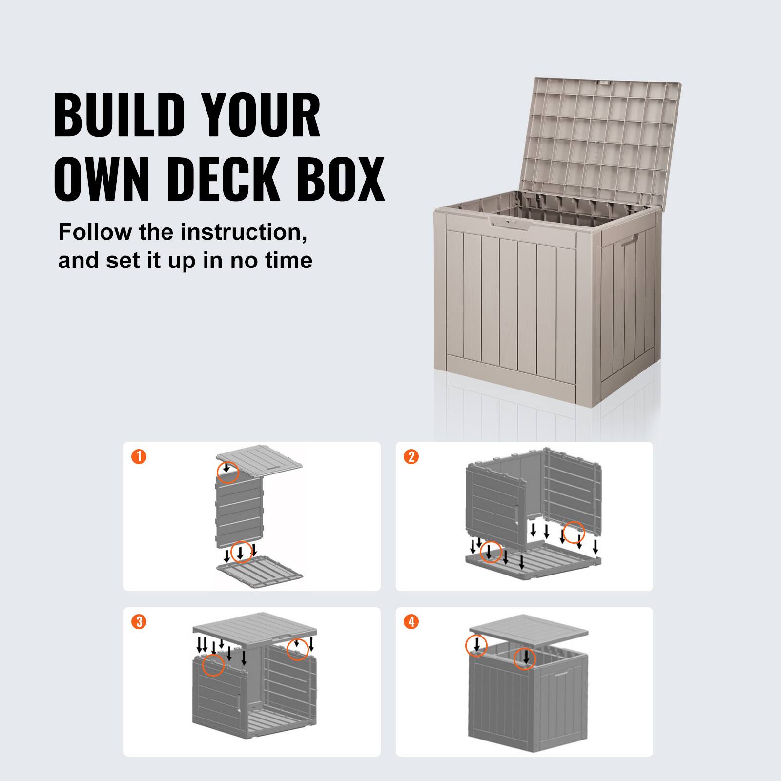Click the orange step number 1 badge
pyautogui.click(x=139, y=457)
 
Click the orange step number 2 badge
pyautogui.click(x=411, y=457)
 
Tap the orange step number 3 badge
pyautogui.click(x=139, y=622)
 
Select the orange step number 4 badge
pyautogui.click(x=411, y=622)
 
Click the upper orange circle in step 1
pyautogui.click(x=227, y=472)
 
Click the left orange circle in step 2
pyautogui.click(x=491, y=552)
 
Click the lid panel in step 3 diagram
pyautogui.click(x=254, y=626)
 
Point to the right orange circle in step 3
pyautogui.click(x=297, y=649)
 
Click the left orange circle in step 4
pyautogui.click(x=476, y=645)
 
